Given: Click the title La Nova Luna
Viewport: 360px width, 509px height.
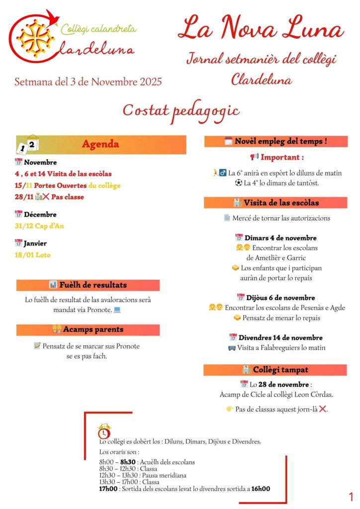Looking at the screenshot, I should pos(261,28).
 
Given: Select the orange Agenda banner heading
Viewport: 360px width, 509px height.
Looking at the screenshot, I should pos(100,144).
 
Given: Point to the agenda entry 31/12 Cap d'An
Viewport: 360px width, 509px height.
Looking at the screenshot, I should pos(39,226).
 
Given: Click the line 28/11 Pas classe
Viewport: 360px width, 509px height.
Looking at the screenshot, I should pos(49,197).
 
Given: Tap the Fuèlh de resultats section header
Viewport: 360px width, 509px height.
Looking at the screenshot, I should pos(88,285).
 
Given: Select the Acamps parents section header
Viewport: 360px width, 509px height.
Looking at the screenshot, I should pos(88,330).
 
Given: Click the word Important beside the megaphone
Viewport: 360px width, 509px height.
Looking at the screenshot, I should pos(282,157).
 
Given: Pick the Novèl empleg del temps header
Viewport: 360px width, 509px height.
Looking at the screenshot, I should pos(275,141).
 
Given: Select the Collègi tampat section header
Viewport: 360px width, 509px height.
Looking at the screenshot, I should pos(275,370).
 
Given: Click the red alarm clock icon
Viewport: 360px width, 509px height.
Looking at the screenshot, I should pos(104,432).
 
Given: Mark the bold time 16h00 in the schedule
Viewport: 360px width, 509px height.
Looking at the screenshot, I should pos(261,489).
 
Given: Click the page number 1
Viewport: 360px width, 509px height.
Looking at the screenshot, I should pos(351,497).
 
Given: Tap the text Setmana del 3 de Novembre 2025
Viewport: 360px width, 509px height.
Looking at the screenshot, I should pos(88,82).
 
